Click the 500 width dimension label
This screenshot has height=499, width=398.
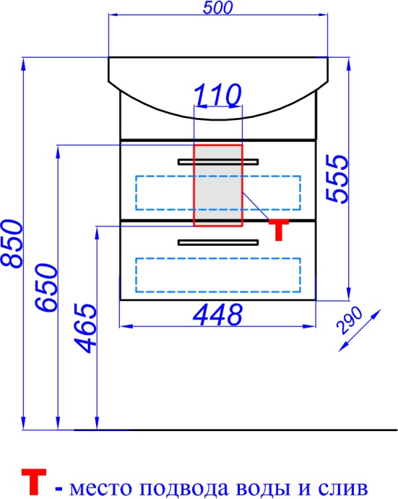(x=217, y=8)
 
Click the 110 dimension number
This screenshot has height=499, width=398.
(x=217, y=95)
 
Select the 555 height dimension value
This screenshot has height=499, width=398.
(x=337, y=179)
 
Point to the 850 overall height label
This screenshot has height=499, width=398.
(x=12, y=243)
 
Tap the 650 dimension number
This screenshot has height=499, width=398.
(x=46, y=287)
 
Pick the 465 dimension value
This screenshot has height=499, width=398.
(x=85, y=328)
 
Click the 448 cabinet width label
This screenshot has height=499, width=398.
(x=217, y=315)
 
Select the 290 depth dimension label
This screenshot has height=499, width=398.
(x=349, y=320)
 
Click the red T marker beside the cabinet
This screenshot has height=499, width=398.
(x=279, y=229)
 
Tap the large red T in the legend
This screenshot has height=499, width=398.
(x=34, y=481)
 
